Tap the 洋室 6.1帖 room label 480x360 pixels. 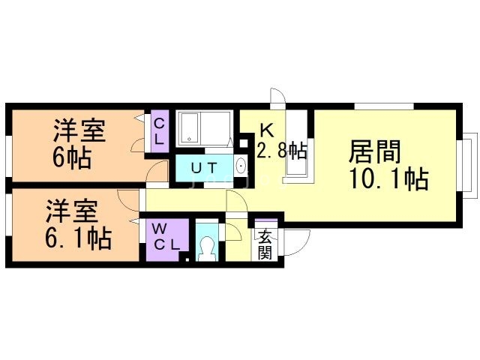pyautogui.click(x=78, y=223)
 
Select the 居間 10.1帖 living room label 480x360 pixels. pyautogui.click(x=387, y=166)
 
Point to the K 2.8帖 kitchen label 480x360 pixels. pyautogui.click(x=279, y=141)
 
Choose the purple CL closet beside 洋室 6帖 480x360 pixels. pyautogui.click(x=160, y=132)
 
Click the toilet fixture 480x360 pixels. pyautogui.click(x=205, y=247)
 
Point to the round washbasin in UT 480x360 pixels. pyautogui.click(x=241, y=166)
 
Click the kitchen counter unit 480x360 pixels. pyautogui.click(x=296, y=146)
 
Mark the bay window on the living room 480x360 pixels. pyautogui.click(x=469, y=165)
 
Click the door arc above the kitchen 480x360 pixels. pyautogui.click(x=277, y=97)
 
